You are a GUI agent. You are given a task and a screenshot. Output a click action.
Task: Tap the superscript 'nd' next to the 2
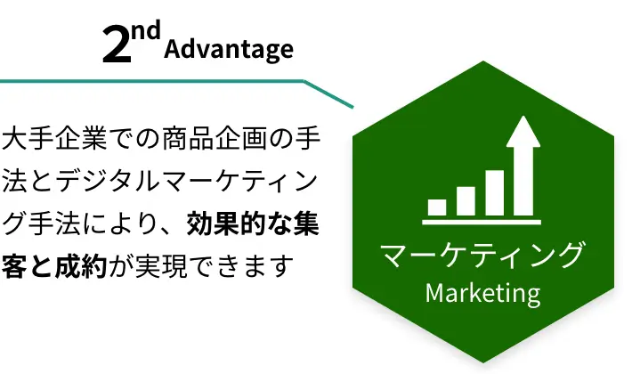(x=148, y=33)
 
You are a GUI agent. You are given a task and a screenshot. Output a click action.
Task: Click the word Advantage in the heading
(x=229, y=50)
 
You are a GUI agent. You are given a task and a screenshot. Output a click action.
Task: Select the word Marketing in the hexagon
(x=482, y=292)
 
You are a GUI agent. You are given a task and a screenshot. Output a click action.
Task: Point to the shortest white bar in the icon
(x=437, y=207)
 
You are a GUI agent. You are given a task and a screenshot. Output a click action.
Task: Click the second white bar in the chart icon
(x=466, y=200)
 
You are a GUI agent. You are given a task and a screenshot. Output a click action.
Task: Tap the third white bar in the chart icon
(x=494, y=192)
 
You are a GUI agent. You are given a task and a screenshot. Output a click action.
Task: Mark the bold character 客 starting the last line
(x=15, y=265)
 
